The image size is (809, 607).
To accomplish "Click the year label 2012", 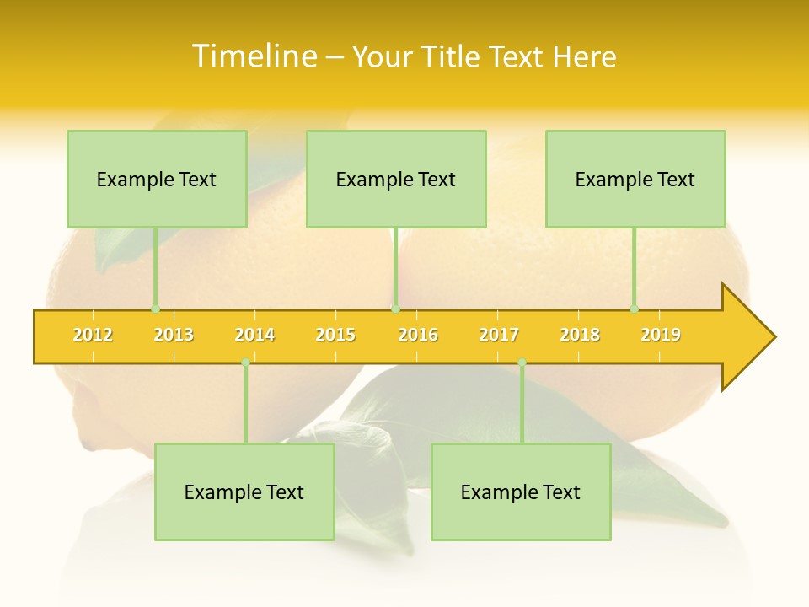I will pyautogui.click(x=93, y=336).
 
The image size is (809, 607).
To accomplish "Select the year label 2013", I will pyautogui.click(x=174, y=336).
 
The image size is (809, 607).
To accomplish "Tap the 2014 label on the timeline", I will pyautogui.click(x=254, y=336).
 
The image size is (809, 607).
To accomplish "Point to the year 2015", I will pyautogui.click(x=335, y=336).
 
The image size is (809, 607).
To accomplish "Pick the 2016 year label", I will pyautogui.click(x=418, y=336).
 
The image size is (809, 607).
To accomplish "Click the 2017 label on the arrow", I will pyautogui.click(x=499, y=336).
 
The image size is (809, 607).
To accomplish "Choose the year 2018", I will pyautogui.click(x=580, y=336).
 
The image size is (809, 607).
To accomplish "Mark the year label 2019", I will pyautogui.click(x=661, y=336).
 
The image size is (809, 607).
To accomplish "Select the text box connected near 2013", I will pyautogui.click(x=157, y=180).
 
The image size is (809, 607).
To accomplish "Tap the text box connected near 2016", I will pyautogui.click(x=396, y=180).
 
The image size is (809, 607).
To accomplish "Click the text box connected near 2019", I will pyautogui.click(x=635, y=180).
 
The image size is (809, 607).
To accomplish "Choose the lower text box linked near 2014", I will pyautogui.click(x=244, y=492).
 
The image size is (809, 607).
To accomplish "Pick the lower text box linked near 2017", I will pyautogui.click(x=521, y=492).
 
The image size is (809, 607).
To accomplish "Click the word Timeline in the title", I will pyautogui.click(x=254, y=56).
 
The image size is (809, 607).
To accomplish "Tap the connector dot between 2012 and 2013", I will pyautogui.click(x=155, y=309).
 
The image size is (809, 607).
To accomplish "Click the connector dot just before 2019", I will pyautogui.click(x=634, y=309).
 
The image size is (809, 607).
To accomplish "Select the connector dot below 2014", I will pyautogui.click(x=245, y=363).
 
